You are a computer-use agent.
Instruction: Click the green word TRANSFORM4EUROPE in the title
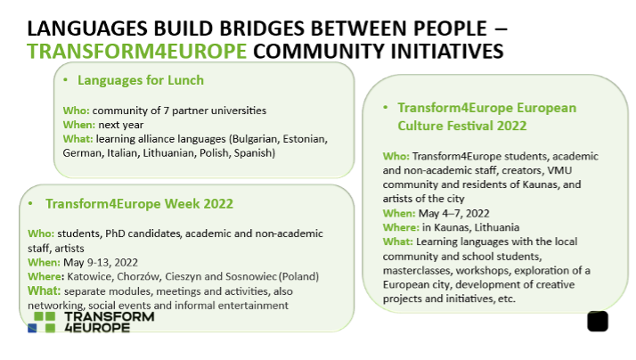(x=136, y=51)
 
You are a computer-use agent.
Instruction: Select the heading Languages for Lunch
(x=141, y=80)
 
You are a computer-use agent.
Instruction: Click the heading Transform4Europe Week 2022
(x=139, y=204)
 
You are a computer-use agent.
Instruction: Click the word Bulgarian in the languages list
(x=256, y=139)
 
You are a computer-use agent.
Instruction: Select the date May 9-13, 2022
(x=101, y=263)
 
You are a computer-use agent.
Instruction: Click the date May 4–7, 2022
(x=454, y=214)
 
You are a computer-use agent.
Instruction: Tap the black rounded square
(x=598, y=322)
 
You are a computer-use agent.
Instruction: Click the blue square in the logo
(x=32, y=328)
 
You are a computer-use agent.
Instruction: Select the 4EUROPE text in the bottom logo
(x=97, y=328)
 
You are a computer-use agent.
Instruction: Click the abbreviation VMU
(x=559, y=170)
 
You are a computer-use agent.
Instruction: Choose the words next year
(x=121, y=125)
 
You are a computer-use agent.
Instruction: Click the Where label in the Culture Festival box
(x=401, y=227)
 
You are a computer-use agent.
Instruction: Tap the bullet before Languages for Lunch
(x=65, y=80)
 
